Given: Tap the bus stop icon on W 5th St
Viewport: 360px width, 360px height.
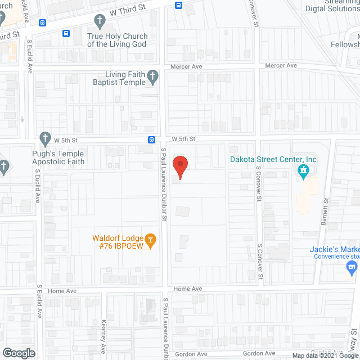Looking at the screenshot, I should (152, 139).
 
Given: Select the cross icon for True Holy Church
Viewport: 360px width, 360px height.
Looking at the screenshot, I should (100, 22).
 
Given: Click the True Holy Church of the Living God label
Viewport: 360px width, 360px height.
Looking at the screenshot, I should (117, 40).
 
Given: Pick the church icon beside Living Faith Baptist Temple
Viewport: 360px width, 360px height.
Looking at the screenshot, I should (152, 78).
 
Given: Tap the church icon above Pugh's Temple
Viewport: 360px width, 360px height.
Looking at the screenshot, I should (45, 138).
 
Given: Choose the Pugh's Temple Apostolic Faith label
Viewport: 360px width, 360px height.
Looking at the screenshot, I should (58, 158).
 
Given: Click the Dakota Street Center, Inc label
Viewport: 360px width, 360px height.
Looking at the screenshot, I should (273, 159).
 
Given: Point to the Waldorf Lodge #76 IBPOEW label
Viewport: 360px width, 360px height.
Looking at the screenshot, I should (117, 241).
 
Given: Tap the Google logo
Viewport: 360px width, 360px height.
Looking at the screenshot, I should (18, 353).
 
